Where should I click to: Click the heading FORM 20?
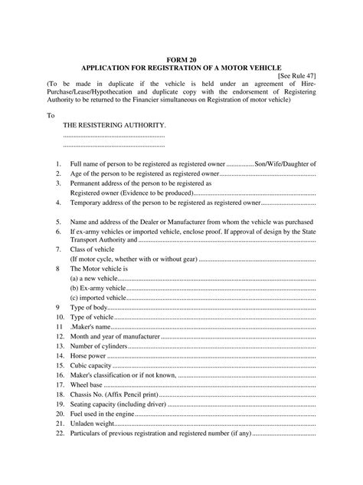coord(181,58)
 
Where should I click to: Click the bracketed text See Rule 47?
coord(297,76)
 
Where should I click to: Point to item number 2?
coord(58,174)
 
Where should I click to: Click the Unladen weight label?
coord(93,424)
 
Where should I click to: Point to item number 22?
coord(59,433)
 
